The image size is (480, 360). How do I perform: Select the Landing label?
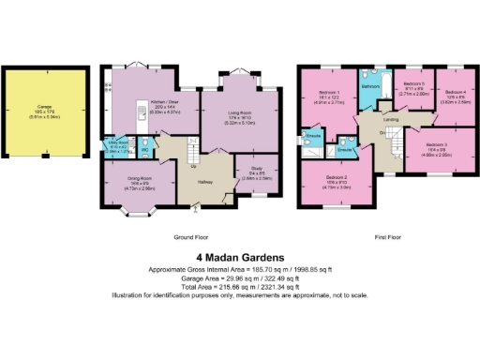point(392,118)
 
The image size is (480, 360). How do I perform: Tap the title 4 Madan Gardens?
point(240,256)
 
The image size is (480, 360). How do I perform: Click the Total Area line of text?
point(240,287)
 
